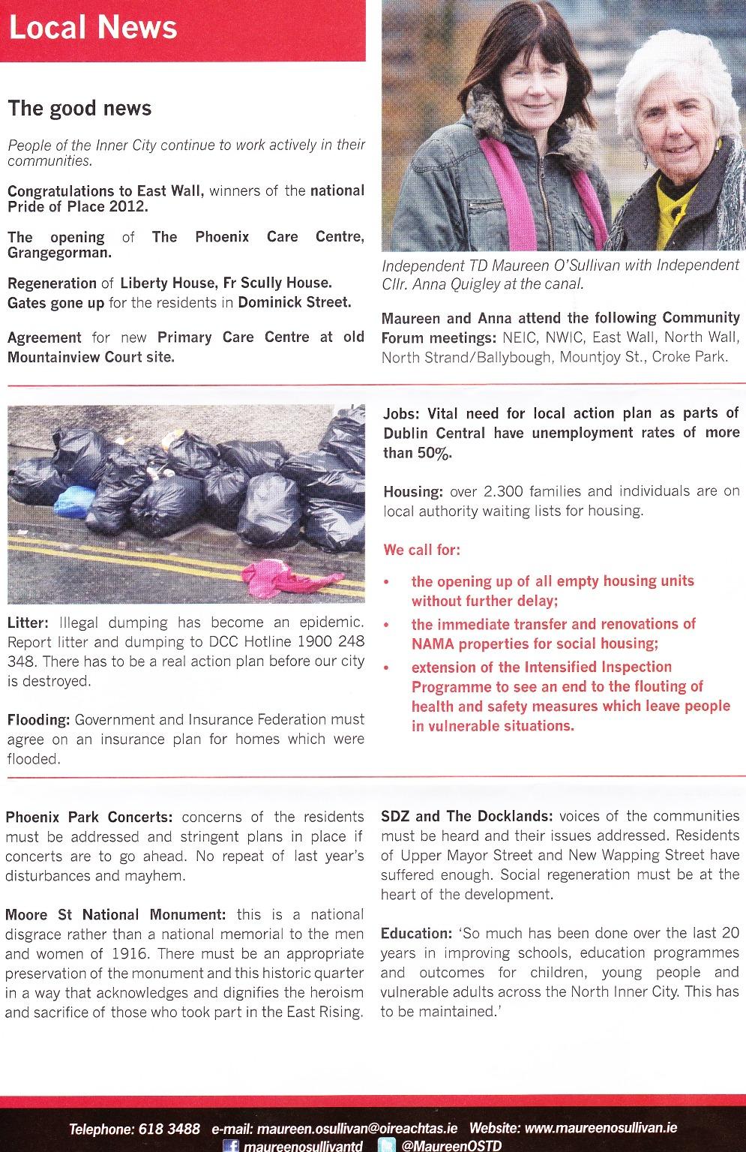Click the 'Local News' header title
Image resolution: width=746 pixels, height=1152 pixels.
[x=93, y=28]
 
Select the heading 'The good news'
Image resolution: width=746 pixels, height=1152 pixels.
[x=79, y=109]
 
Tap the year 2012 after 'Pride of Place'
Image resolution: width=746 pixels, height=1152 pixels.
[x=128, y=206]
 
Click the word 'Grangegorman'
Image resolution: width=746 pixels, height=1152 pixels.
[x=58, y=253]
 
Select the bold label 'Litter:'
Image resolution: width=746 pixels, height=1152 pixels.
[x=28, y=622]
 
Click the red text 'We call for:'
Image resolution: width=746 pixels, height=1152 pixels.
[x=421, y=550]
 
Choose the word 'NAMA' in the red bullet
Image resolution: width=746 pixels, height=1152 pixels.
[x=433, y=643]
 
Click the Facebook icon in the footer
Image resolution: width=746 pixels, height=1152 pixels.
[x=231, y=1145]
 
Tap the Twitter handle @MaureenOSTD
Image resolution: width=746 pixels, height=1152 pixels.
[x=451, y=1145]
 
